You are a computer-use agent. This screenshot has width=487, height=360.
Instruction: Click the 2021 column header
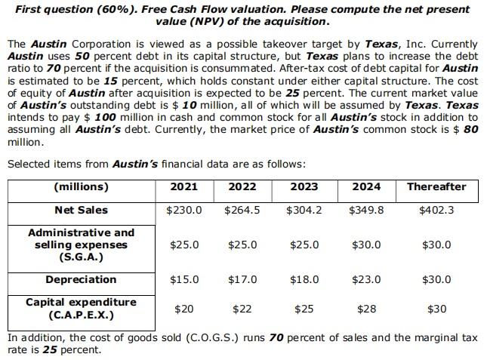[x=184, y=187]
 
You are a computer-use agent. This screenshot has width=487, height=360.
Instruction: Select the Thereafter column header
[x=436, y=187]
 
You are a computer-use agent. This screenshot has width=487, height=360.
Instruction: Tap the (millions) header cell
[x=81, y=187]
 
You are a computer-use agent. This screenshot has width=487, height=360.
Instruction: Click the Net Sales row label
[x=81, y=210]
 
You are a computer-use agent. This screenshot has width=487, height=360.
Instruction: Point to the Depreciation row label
[x=81, y=279]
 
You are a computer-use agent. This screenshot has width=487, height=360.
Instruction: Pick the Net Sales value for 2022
[x=242, y=210]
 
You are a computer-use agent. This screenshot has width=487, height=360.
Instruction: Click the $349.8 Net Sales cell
[x=366, y=210]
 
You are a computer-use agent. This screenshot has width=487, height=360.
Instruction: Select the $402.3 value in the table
[x=436, y=210]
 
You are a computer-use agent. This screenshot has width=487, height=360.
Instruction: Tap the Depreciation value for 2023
[x=304, y=279]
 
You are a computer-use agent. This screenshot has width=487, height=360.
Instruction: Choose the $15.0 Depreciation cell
[x=184, y=279]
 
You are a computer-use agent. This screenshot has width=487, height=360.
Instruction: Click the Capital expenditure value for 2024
[x=366, y=309]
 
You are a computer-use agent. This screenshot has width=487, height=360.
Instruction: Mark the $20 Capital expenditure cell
[x=184, y=309]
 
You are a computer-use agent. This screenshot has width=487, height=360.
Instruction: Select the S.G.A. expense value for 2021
[x=184, y=245]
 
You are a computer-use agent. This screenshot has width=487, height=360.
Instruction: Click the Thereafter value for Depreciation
[x=436, y=279]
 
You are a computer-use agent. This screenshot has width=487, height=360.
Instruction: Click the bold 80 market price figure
[x=470, y=129]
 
